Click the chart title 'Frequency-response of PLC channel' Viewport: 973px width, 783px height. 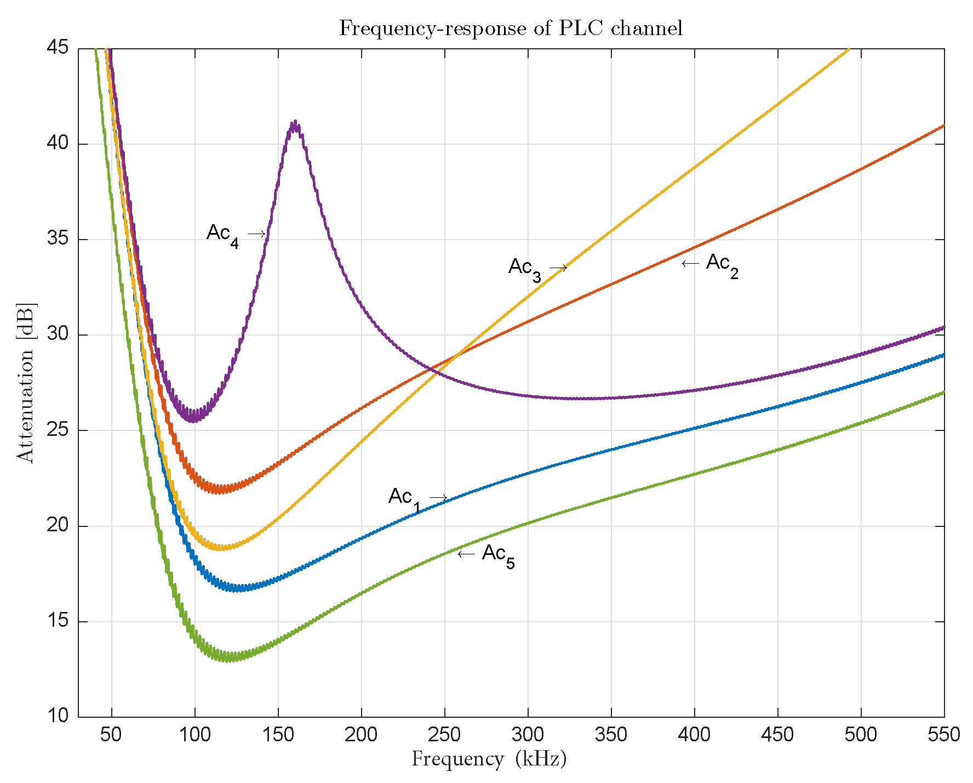click(x=511, y=28)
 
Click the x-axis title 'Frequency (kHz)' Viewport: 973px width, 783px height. click(x=489, y=759)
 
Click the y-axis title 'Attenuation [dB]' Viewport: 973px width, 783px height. click(x=25, y=382)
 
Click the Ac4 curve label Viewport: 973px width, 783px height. click(x=222, y=235)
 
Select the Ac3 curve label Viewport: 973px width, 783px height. click(x=524, y=269)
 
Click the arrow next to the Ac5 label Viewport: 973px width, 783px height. click(x=466, y=554)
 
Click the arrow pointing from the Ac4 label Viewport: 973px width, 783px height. click(x=256, y=234)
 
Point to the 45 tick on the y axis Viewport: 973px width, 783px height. click(x=58, y=48)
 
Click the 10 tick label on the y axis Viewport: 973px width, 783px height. click(x=58, y=716)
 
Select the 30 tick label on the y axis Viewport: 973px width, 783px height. click(x=58, y=334)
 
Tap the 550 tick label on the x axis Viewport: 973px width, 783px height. click(x=943, y=735)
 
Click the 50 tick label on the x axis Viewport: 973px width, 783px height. click(x=111, y=735)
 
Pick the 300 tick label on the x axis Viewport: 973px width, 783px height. click(x=528, y=735)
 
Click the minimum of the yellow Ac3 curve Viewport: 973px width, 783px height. click(x=222, y=547)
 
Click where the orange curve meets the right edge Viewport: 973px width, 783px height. click(x=943, y=126)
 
